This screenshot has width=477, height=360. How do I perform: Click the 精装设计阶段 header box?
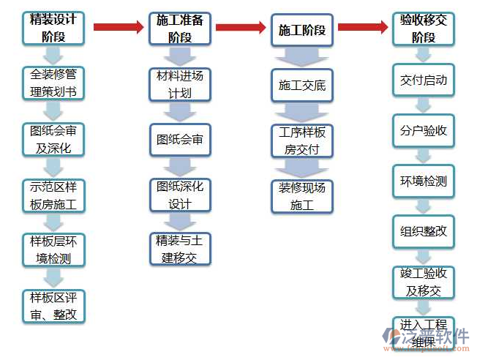[x=53, y=28]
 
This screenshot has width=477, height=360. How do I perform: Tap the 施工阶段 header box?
[x=301, y=31]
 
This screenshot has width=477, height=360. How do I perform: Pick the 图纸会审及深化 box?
[x=53, y=139]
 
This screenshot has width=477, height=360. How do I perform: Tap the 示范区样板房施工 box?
[x=53, y=195]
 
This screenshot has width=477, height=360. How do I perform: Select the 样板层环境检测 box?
[x=53, y=250]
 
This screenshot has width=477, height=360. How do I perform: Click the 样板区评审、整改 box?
[x=53, y=306]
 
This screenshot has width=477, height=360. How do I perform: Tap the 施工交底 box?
[x=301, y=86]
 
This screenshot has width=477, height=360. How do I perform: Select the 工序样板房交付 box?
[x=301, y=140]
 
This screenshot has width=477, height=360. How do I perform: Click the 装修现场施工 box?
[x=301, y=196]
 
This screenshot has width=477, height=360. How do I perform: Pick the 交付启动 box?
[x=423, y=80]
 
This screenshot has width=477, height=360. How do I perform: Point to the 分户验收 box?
[x=423, y=131]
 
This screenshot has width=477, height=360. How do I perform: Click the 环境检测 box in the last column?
[x=423, y=181]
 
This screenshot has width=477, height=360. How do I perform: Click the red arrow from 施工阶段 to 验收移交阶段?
[x=362, y=27]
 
